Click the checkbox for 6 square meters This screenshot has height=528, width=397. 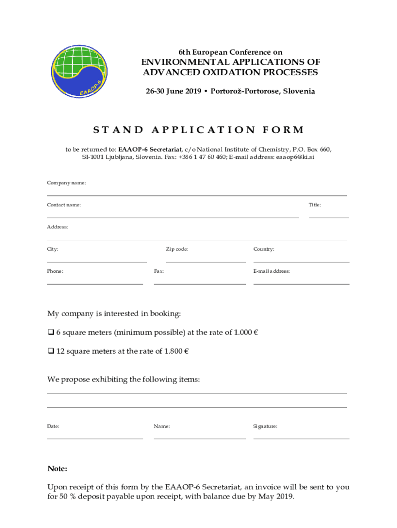51,333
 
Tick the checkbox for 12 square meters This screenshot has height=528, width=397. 51,352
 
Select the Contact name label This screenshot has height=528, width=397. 64,205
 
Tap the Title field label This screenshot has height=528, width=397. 315,205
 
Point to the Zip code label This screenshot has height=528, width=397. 177,250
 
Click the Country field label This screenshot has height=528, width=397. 263,250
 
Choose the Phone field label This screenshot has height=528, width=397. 55,271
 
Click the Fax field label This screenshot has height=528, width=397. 159,271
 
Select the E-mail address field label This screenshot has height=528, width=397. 271,271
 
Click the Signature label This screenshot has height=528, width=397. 265,427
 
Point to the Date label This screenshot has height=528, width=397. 53,427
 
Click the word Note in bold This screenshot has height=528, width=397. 57,469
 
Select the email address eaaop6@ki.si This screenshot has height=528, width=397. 295,157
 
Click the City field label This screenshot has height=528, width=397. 53,250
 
